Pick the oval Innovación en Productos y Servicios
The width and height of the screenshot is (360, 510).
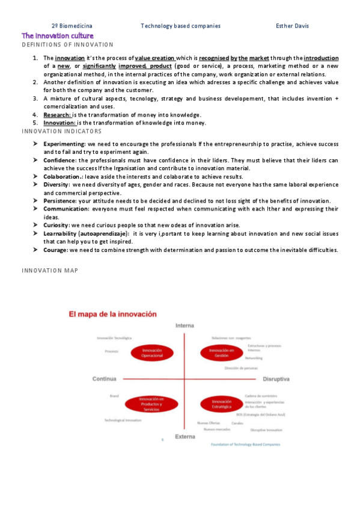151,404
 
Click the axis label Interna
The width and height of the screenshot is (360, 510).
185,325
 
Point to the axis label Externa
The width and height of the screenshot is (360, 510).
185,436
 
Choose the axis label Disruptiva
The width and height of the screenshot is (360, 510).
276,379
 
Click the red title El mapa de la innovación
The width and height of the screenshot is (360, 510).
112,314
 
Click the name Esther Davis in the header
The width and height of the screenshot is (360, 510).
292,26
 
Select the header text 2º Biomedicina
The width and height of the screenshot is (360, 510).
72,26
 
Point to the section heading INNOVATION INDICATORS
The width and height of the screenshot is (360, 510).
62,131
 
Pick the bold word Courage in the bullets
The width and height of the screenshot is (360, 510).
55,250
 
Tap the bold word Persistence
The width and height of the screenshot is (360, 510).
59,200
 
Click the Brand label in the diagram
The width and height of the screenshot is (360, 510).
114,396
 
